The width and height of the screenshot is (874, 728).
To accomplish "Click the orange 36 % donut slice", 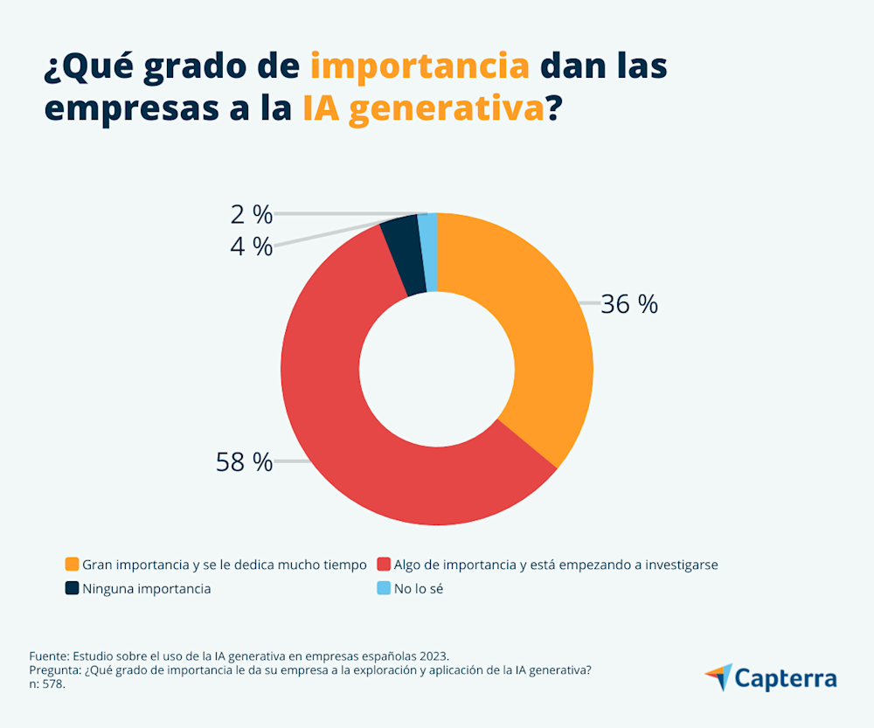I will click(542, 332).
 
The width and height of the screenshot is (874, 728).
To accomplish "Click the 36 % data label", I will click(629, 304).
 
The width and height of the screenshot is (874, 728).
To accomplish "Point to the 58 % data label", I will click(244, 462).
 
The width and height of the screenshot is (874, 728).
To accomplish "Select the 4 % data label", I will click(251, 246).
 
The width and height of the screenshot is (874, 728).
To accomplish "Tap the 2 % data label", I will click(251, 214).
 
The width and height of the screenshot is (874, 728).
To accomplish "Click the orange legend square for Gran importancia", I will click(72, 565).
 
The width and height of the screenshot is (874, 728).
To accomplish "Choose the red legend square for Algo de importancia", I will click(383, 565).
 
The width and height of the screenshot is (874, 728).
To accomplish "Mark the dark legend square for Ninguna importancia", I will click(72, 588).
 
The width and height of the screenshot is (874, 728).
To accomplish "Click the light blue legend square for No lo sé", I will click(383, 588).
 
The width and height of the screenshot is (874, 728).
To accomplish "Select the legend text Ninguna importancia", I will click(146, 588).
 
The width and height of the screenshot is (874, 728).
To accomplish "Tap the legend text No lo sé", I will click(420, 588).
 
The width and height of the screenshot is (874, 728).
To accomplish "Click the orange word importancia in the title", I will click(420, 66).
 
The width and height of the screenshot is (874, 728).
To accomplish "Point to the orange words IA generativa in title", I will click(423, 109).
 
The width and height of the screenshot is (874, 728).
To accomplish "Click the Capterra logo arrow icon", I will click(718, 676).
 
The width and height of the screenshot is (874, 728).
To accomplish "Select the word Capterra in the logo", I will click(786, 678).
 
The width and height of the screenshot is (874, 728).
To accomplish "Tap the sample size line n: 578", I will click(47, 684).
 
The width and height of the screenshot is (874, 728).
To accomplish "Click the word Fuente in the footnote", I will click(48, 655).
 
